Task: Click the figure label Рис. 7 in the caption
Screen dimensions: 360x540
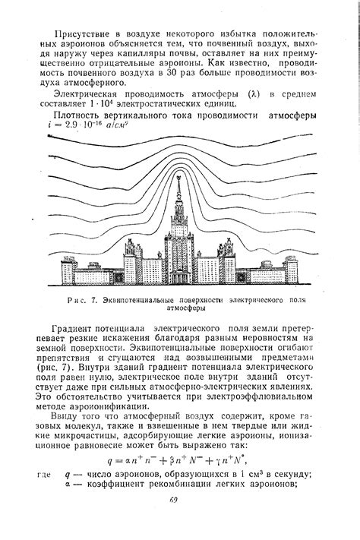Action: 83,302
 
